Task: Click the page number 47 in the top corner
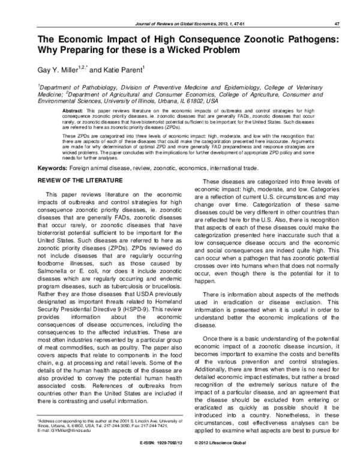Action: (x=337, y=23)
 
